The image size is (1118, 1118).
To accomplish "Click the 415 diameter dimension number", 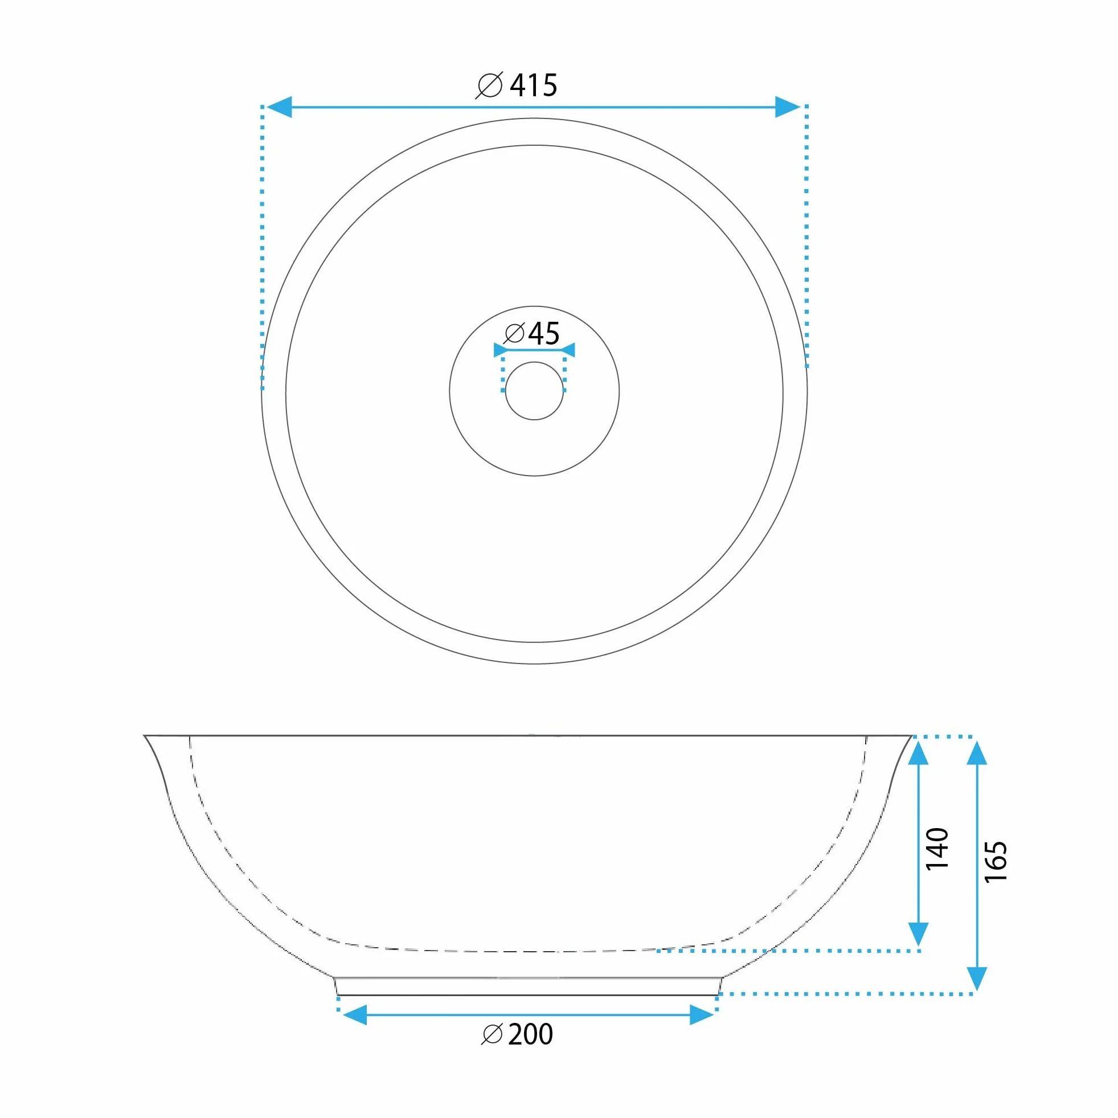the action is (533, 85).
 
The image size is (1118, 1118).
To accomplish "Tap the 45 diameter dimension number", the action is (544, 333).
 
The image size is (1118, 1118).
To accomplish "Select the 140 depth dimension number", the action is (937, 849).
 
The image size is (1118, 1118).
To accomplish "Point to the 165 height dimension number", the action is (996, 862).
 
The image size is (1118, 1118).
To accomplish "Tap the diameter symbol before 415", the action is (490, 85).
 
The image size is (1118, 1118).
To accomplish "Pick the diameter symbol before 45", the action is (514, 333).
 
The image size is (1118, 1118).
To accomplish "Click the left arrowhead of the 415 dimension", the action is (279, 107).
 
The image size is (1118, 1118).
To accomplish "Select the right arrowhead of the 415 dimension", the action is (788, 107).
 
